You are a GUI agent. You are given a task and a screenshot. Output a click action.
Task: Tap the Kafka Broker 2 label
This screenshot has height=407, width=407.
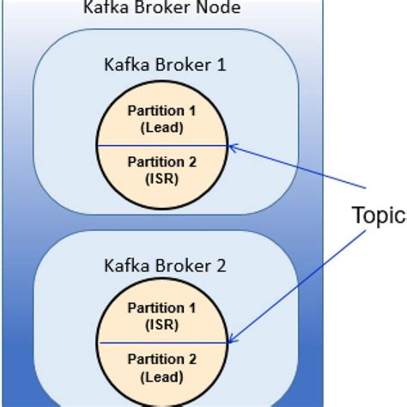[164, 265]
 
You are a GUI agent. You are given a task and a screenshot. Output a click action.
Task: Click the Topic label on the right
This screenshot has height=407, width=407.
[379, 215]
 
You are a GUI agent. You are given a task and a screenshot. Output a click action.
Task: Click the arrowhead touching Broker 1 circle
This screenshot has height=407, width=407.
[234, 148]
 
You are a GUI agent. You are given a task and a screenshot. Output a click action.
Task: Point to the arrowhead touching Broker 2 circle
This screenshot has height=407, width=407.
[234, 341]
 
